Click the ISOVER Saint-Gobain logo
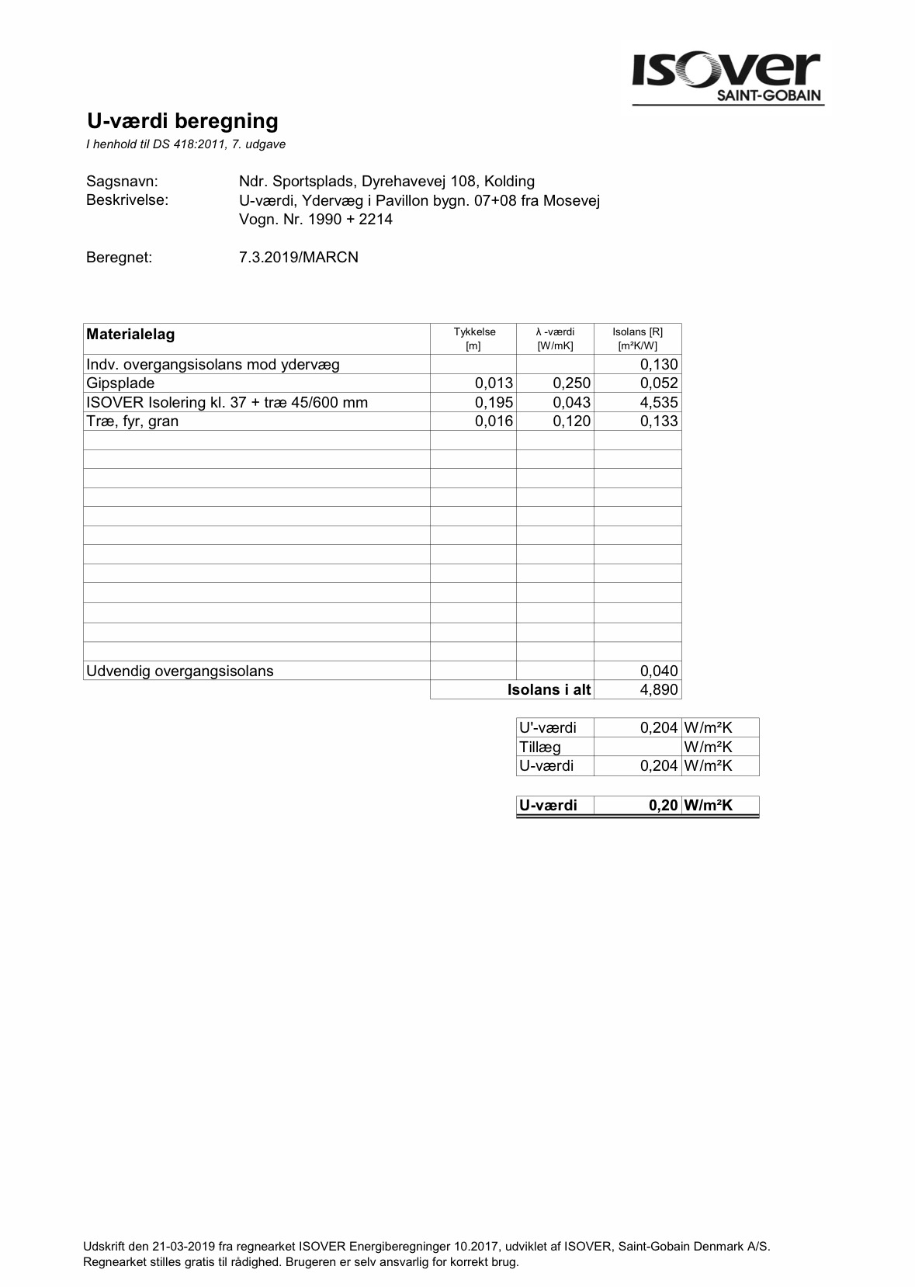point(727,78)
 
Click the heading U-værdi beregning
point(182,121)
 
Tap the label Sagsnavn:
point(122,182)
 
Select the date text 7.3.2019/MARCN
point(299,258)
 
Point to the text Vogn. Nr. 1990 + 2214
point(316,220)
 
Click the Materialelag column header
point(130,335)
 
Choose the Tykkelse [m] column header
point(473,338)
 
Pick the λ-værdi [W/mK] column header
point(555,338)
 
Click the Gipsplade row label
point(120,383)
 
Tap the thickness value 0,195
point(494,403)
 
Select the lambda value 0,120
point(572,421)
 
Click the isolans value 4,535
point(659,403)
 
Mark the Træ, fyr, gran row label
point(133,421)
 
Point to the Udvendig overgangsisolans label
point(180,671)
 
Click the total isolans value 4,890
point(659,690)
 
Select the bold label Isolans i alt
point(549,690)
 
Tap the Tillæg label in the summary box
point(540,748)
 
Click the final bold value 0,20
point(664,806)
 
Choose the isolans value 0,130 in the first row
point(659,365)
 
